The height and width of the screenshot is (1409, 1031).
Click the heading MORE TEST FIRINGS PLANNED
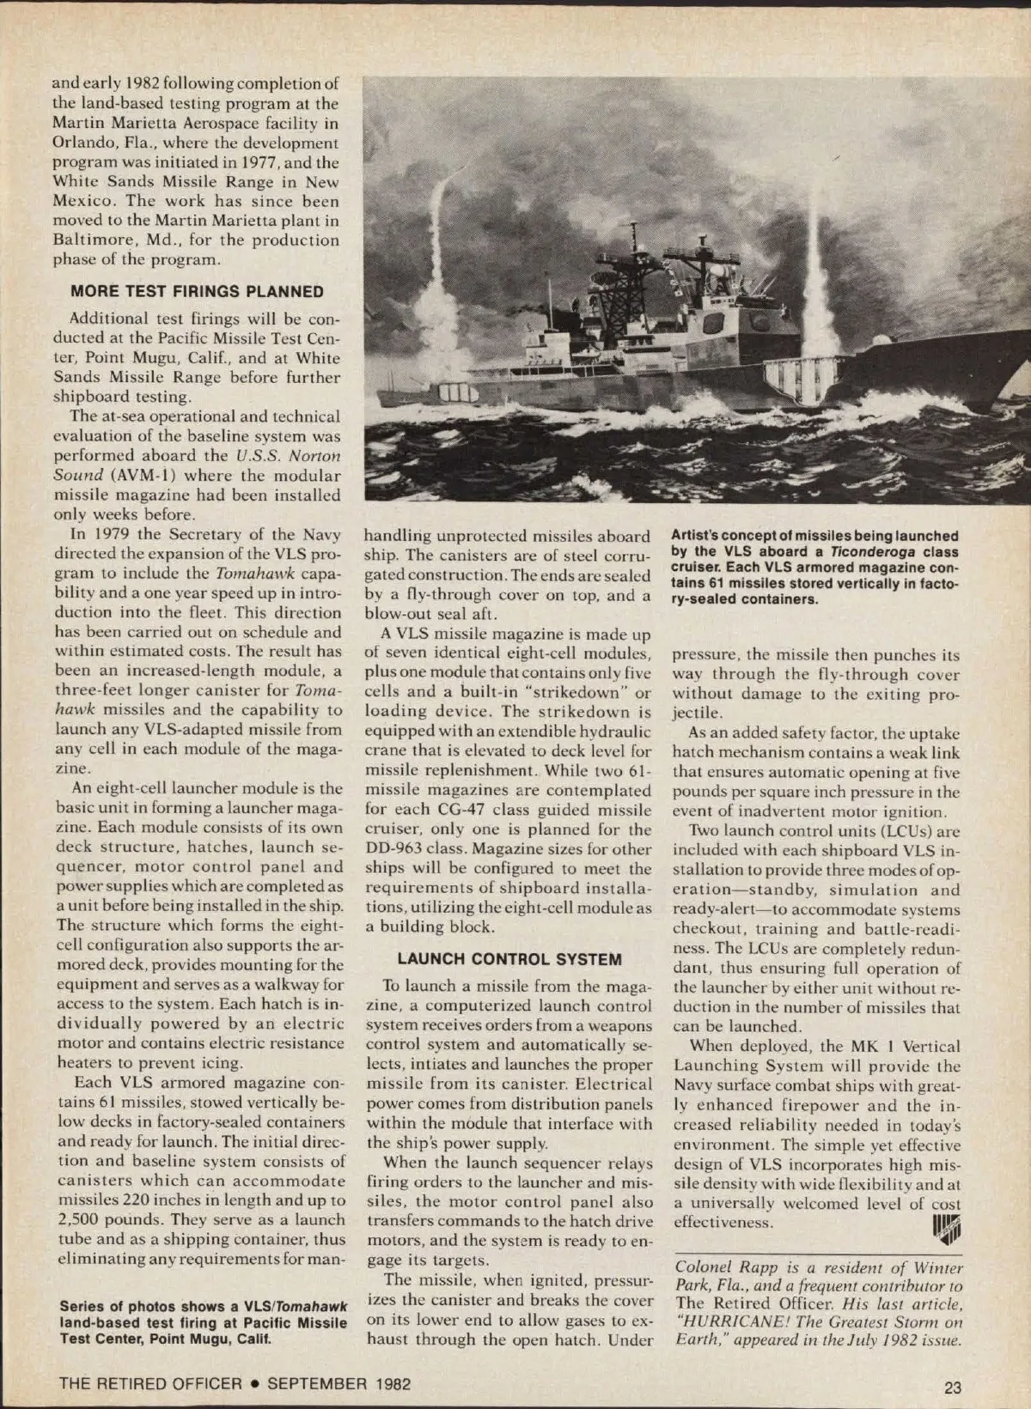tap(197, 291)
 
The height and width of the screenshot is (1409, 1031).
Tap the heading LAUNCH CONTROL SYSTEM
tap(509, 959)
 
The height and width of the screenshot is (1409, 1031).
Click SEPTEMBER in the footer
tap(316, 1383)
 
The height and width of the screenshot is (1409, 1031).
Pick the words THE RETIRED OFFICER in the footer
tap(150, 1383)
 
